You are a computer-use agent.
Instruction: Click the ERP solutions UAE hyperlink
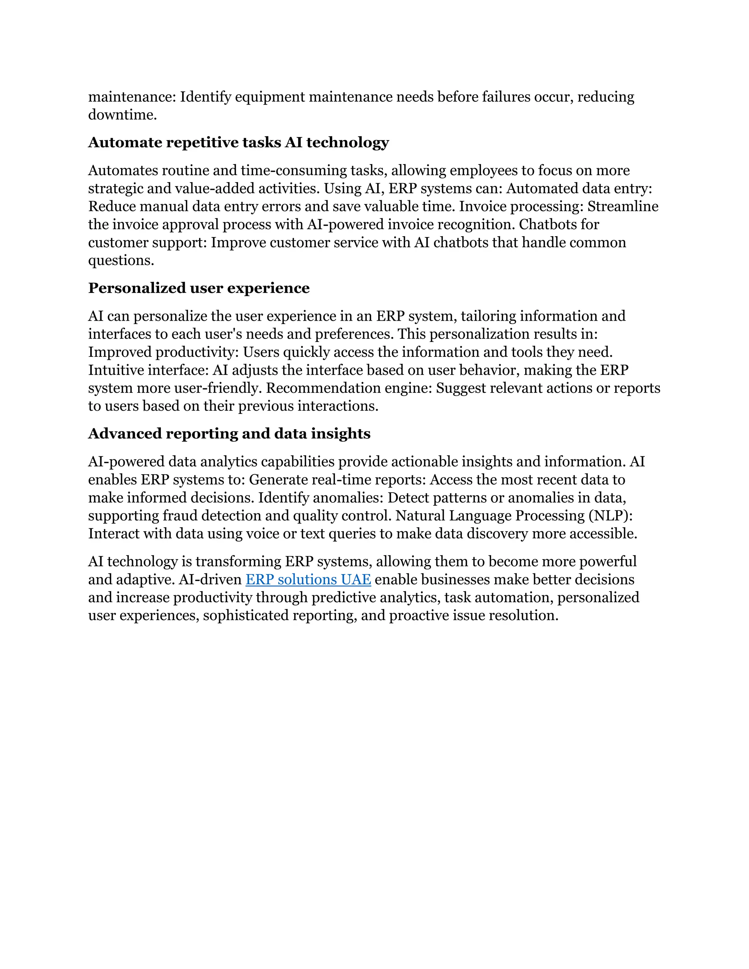(x=308, y=580)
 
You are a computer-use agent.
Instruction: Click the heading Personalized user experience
(x=199, y=288)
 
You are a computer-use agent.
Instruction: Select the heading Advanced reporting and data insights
(x=229, y=433)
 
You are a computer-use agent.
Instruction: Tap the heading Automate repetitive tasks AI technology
(x=238, y=142)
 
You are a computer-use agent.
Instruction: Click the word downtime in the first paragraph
(x=122, y=114)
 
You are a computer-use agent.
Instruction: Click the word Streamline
(x=622, y=206)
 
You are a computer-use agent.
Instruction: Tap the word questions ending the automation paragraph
(x=120, y=260)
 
